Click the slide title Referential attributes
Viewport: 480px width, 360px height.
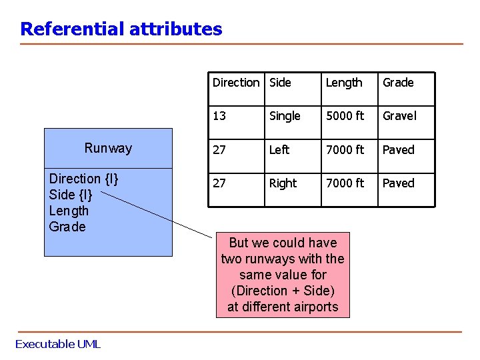121,29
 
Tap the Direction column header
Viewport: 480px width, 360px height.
235,83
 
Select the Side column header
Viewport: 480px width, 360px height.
280,83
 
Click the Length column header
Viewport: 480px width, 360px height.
344,83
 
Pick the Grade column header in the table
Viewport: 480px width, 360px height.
398,83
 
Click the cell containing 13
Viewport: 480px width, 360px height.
219,116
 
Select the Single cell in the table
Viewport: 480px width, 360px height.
285,116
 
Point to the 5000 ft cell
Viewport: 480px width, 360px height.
345,116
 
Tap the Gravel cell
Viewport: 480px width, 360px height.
399,116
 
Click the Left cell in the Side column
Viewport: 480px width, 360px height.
279,150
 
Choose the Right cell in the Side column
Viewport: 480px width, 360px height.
283,183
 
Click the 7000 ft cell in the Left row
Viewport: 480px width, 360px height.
345,150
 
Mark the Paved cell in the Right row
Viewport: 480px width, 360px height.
398,183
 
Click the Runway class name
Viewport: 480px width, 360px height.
108,148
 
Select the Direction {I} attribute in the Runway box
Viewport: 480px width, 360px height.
84,179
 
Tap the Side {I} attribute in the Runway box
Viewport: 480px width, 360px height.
71,195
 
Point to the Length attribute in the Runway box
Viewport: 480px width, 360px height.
69,211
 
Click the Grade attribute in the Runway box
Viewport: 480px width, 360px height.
67,227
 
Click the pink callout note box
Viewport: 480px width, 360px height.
283,275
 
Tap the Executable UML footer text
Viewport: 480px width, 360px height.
58,344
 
